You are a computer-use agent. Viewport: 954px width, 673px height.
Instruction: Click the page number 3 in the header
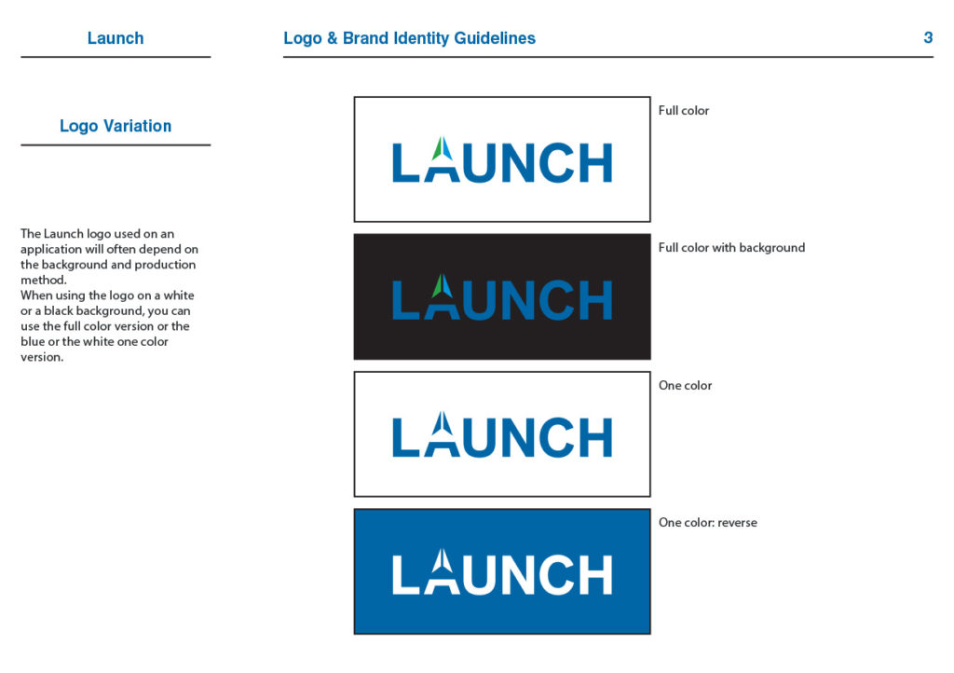pyautogui.click(x=928, y=37)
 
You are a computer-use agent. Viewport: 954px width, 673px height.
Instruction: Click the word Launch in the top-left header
pyautogui.click(x=116, y=37)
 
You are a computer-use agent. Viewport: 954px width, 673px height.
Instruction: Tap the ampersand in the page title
pyautogui.click(x=333, y=37)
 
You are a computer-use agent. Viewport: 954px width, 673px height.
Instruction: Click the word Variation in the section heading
pyautogui.click(x=138, y=126)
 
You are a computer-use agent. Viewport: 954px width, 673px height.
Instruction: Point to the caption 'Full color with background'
pyautogui.click(x=731, y=248)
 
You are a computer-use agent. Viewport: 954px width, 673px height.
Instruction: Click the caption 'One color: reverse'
pyautogui.click(x=708, y=523)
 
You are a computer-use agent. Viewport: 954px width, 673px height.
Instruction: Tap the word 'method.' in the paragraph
pyautogui.click(x=44, y=280)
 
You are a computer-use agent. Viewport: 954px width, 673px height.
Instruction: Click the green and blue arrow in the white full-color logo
pyautogui.click(x=443, y=148)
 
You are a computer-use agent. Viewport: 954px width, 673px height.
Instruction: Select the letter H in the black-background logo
pyautogui.click(x=595, y=300)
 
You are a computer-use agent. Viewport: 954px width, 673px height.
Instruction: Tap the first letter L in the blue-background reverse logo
pyautogui.click(x=406, y=574)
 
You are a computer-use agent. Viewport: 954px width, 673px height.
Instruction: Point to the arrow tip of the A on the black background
pyautogui.click(x=442, y=274)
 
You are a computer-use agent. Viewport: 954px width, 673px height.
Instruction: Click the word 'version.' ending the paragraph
pyautogui.click(x=42, y=357)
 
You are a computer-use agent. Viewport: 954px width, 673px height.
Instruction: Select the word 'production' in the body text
pyautogui.click(x=165, y=265)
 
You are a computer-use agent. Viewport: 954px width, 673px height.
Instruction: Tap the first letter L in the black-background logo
pyautogui.click(x=406, y=300)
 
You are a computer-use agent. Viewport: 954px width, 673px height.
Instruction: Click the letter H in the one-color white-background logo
pyautogui.click(x=595, y=437)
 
